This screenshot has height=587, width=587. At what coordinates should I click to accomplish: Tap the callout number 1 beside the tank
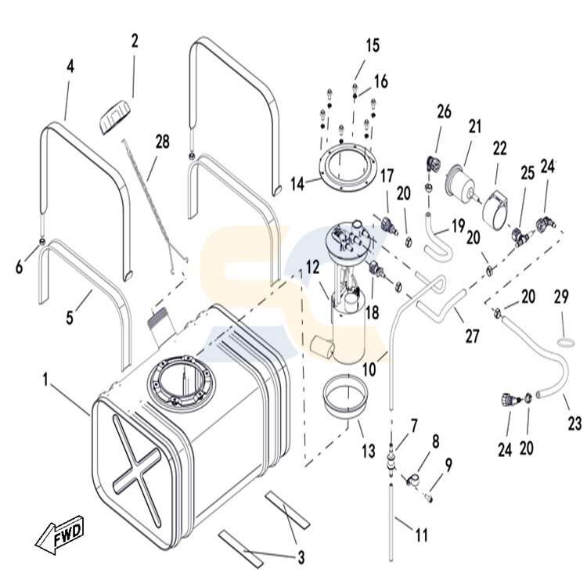point(47,379)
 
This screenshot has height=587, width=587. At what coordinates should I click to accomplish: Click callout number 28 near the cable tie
point(162,142)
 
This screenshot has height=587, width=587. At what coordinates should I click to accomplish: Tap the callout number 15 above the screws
point(372,45)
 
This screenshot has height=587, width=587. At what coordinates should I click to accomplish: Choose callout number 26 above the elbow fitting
point(444,113)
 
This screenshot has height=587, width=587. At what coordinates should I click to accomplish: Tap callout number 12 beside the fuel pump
point(312,268)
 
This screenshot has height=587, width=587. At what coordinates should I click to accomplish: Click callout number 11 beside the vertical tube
point(421,536)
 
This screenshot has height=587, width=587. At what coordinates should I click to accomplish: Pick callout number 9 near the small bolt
point(448,464)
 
